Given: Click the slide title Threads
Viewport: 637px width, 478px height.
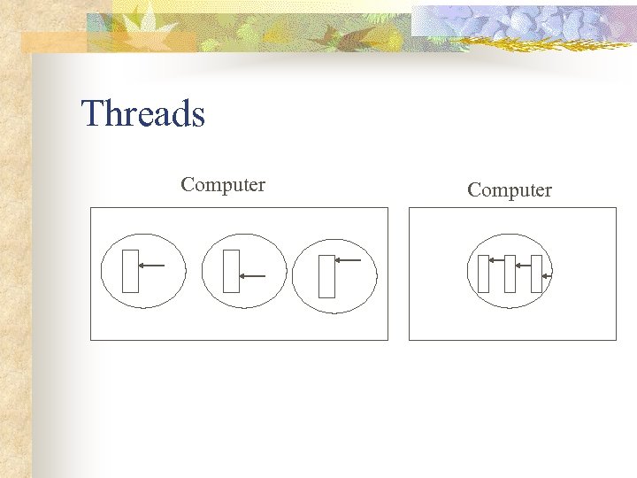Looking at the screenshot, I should click(x=142, y=114).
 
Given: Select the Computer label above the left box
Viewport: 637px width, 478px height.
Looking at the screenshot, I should click(x=223, y=185).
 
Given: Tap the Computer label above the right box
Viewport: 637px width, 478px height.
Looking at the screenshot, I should click(x=509, y=190).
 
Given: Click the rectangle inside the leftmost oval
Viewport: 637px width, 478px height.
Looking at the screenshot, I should click(x=131, y=271).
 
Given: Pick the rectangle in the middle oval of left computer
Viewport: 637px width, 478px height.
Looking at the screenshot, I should click(x=232, y=271).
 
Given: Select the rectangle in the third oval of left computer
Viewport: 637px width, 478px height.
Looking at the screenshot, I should click(x=326, y=276).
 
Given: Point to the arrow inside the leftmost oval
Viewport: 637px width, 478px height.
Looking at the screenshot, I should click(x=152, y=265).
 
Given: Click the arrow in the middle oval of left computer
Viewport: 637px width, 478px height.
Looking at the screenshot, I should click(x=253, y=275).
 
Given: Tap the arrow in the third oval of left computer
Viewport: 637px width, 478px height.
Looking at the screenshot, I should click(x=348, y=260).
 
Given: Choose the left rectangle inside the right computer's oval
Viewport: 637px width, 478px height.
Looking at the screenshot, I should click(x=483, y=274).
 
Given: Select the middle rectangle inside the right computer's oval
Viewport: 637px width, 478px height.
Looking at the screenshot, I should click(x=510, y=274).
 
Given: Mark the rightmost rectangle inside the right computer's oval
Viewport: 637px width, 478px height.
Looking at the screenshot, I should click(x=536, y=274).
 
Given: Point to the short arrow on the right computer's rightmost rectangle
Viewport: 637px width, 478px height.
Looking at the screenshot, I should click(x=546, y=277).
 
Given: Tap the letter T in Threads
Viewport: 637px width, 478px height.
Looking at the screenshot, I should click(x=91, y=114).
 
